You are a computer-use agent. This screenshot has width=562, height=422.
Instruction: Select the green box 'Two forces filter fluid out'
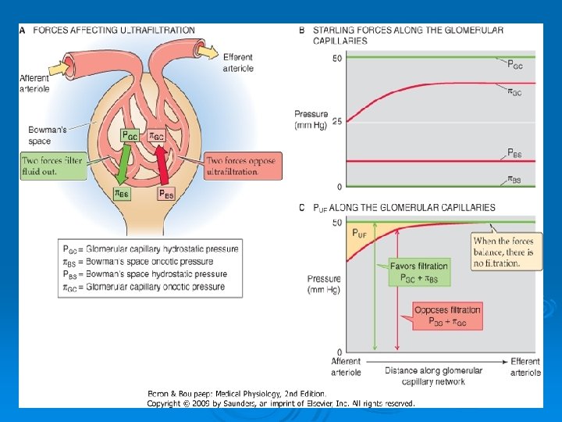[x=53, y=166]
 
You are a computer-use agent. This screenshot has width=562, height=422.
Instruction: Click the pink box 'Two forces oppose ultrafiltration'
[x=243, y=166]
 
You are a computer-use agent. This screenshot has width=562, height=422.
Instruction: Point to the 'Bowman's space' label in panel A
[x=42, y=135]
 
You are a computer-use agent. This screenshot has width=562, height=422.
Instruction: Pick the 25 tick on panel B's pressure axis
[x=337, y=122]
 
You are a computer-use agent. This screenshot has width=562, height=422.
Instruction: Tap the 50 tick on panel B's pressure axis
[x=337, y=59]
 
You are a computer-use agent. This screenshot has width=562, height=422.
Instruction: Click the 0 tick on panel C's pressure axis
[x=339, y=352]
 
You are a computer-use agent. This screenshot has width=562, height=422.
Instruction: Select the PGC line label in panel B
[x=515, y=64]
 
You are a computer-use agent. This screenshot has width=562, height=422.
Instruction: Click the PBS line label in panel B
[x=515, y=153]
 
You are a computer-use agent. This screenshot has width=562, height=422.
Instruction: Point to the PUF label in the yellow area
[x=360, y=234]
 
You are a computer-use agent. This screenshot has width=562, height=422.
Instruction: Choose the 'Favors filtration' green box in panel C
[x=420, y=272]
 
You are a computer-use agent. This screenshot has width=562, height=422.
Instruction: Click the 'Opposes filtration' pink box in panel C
[x=447, y=316]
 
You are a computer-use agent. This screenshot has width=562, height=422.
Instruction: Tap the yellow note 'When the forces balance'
[x=506, y=252]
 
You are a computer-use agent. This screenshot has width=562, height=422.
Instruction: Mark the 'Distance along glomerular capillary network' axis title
[x=434, y=376]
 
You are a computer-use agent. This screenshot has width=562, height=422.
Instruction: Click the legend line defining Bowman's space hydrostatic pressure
[x=144, y=274]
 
